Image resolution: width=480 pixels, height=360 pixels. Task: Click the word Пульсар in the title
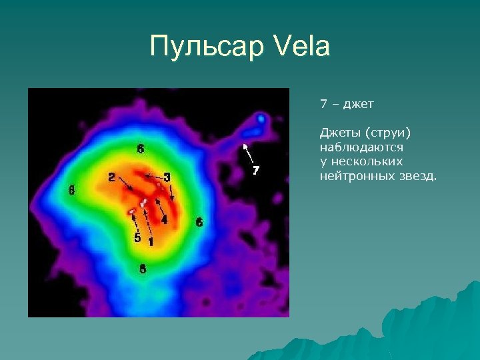point(207,47)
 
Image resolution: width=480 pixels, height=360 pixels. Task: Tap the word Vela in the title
point(302,47)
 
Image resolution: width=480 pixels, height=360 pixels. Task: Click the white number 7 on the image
point(255,171)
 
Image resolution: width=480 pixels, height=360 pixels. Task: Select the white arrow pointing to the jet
point(248,153)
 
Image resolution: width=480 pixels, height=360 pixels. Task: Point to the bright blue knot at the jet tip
point(261,119)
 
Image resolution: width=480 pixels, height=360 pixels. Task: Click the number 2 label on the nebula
point(111,177)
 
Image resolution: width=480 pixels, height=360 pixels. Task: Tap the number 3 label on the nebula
point(167,177)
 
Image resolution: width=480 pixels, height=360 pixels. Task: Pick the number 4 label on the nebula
point(164,219)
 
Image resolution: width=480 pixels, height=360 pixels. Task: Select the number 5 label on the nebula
point(137,237)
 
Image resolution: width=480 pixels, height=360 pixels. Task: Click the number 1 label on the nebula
point(150,241)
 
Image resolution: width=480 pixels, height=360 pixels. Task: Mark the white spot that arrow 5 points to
point(133,212)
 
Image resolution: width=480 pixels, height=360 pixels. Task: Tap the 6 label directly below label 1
point(141,269)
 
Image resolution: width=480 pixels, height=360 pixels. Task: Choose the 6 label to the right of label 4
point(199,222)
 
